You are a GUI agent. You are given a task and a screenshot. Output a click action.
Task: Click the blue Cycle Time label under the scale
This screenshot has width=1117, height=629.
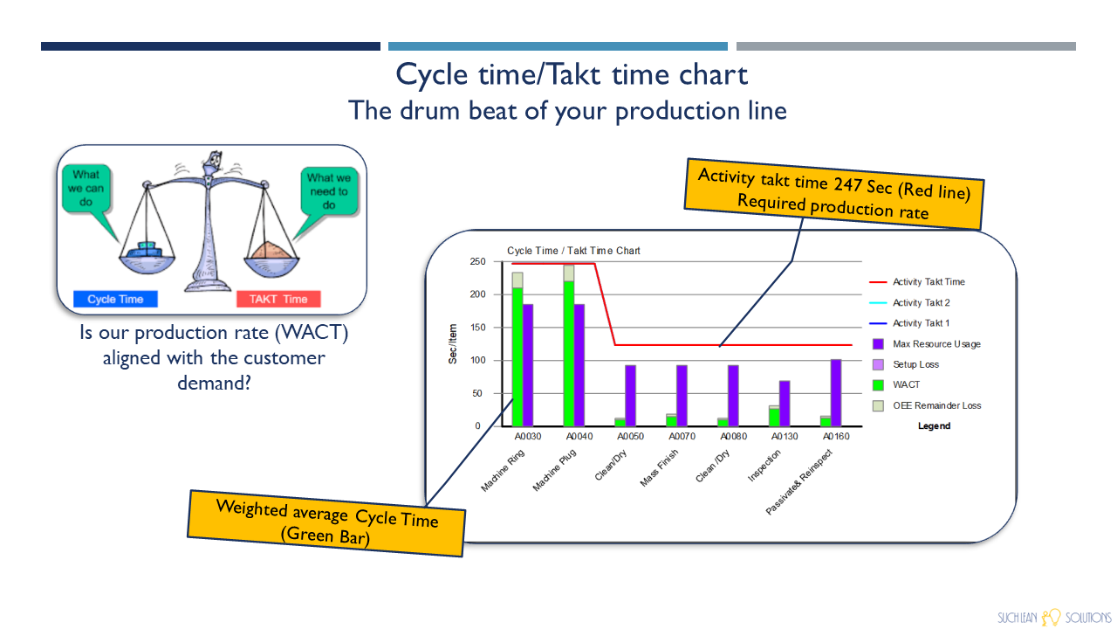(x=115, y=299)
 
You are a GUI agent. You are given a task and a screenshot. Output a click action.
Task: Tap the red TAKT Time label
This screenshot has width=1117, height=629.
(x=278, y=299)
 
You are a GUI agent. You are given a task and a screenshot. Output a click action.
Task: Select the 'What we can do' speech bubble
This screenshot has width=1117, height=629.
(x=86, y=189)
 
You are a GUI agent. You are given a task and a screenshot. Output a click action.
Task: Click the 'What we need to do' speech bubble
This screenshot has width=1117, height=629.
(x=329, y=191)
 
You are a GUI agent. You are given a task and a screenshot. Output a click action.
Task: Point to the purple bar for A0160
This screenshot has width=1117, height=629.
(x=836, y=393)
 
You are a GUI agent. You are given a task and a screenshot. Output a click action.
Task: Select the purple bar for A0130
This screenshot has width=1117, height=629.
(x=785, y=404)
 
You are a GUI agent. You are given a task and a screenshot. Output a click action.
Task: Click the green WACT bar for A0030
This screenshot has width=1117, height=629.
(x=517, y=357)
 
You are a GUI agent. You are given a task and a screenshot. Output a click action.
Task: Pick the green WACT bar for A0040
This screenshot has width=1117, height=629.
(x=569, y=354)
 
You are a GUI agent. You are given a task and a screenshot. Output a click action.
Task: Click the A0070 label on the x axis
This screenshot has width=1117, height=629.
(x=682, y=436)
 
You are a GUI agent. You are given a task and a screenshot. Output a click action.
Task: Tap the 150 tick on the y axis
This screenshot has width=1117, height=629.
(x=477, y=328)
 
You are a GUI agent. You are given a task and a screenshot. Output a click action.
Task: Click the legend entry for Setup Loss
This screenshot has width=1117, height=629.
(x=906, y=364)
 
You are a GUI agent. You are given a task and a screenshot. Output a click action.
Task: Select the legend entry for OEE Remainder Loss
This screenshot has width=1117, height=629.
(x=927, y=405)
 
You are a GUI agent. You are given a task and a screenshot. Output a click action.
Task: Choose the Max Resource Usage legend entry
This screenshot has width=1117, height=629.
(x=927, y=344)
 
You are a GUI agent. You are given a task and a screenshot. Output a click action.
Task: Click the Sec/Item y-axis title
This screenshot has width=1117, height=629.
(x=453, y=344)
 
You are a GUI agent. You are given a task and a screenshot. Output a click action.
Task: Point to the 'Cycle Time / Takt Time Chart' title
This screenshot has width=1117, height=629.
(x=573, y=251)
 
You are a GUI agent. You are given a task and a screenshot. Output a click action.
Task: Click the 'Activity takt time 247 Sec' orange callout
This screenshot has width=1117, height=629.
(x=833, y=194)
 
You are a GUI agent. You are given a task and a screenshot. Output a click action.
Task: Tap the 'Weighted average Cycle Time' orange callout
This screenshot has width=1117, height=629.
(x=326, y=523)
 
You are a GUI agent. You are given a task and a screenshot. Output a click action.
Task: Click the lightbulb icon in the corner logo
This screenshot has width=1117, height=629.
(x=1052, y=617)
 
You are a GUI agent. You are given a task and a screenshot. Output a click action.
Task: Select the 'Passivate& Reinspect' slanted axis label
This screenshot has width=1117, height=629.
(x=798, y=481)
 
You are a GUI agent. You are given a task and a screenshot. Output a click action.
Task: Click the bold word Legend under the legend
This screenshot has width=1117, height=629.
(x=934, y=425)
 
